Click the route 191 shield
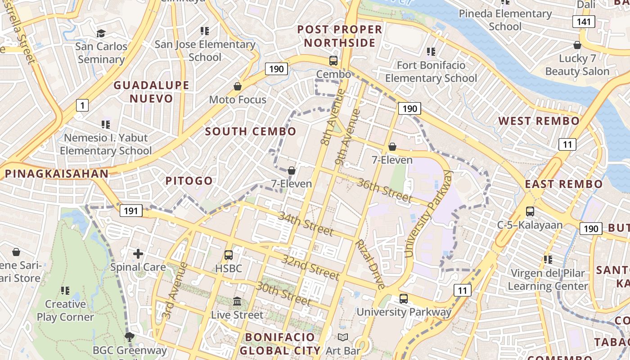tap(131, 211)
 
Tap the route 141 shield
tap(584, 21)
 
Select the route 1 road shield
tap(82, 106)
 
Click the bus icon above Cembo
tap(333, 61)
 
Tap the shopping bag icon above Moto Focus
tap(237, 86)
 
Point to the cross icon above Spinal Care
tap(138, 254)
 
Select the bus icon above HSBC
tap(229, 255)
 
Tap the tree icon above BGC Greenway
tap(130, 337)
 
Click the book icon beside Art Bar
tap(343, 337)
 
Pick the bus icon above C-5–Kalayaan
tap(530, 211)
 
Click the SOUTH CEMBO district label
tap(251, 131)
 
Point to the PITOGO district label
tap(189, 181)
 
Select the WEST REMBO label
tap(539, 121)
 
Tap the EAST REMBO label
tap(563, 184)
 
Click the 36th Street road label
tap(385, 190)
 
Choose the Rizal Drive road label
tap(370, 264)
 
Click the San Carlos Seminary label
tap(101, 53)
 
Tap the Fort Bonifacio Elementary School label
tap(431, 72)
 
